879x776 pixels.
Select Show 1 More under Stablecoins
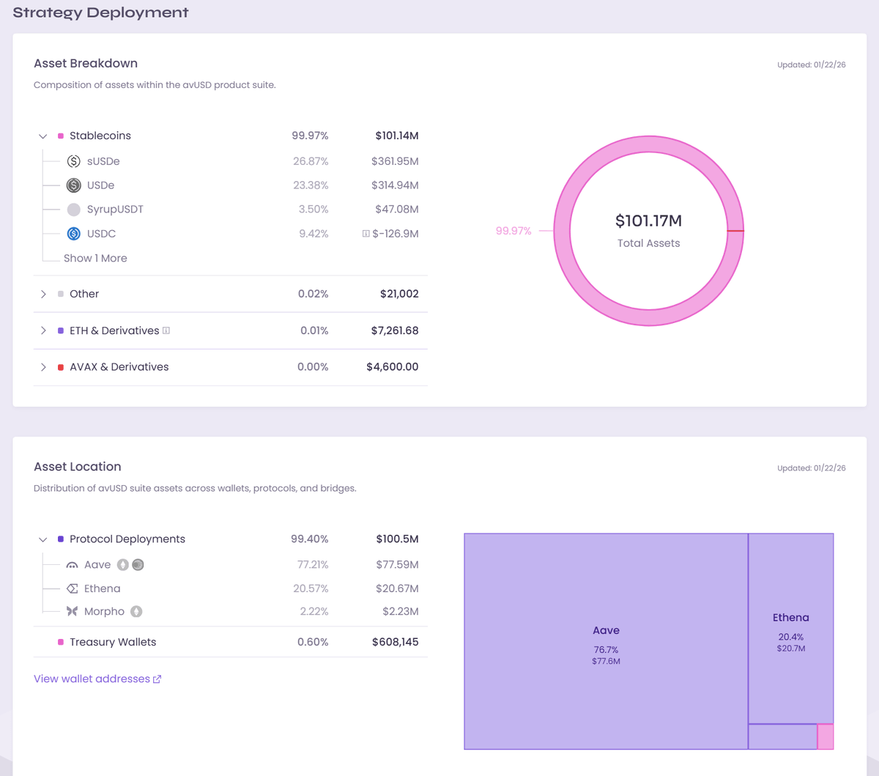coord(95,259)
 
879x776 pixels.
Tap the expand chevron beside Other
coord(43,294)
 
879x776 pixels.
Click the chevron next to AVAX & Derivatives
coord(43,367)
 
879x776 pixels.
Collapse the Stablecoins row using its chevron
coord(43,136)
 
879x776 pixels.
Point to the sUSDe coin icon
coord(74,161)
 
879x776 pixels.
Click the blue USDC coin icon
coord(74,234)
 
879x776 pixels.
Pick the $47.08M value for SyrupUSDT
coord(396,210)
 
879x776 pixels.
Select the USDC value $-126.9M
coord(396,234)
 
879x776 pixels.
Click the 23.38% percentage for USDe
coord(311,185)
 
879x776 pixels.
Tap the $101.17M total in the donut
coord(648,221)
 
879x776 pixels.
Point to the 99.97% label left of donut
coord(513,231)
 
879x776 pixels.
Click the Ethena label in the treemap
coord(790,618)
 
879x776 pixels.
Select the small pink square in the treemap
coord(826,736)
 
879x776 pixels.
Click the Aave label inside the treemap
coord(606,630)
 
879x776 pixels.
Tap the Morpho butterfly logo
coord(72,611)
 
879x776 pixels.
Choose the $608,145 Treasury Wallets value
coord(395,642)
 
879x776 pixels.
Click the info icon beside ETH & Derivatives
coord(166,330)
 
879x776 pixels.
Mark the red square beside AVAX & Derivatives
coord(61,367)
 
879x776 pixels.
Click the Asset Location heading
coord(78,467)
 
